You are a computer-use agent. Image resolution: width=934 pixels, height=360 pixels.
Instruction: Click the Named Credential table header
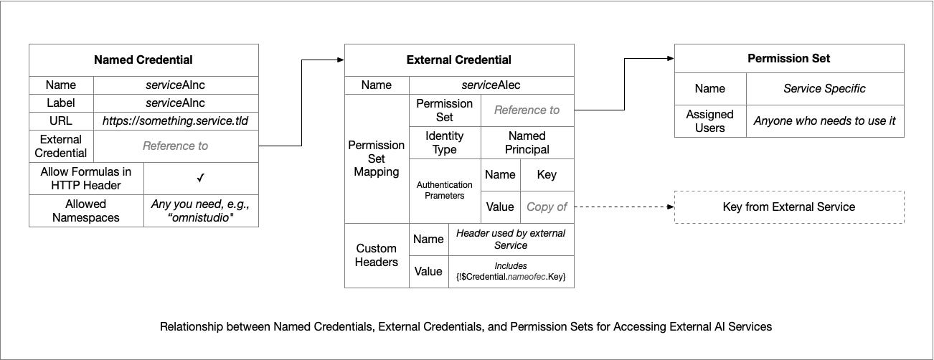tap(143, 60)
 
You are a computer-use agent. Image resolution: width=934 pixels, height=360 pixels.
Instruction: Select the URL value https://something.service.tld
tap(176, 121)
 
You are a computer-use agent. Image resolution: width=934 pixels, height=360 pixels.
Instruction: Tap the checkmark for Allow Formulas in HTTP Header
tap(201, 177)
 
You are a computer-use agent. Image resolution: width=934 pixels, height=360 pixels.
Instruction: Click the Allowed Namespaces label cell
tap(86, 210)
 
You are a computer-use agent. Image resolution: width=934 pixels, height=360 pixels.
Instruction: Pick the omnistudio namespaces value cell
tap(201, 210)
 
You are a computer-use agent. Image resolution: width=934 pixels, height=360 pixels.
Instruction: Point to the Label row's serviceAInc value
tap(176, 103)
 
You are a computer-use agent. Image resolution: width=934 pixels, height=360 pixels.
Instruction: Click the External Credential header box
tap(459, 60)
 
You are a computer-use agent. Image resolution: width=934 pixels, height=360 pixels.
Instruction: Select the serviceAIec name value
tap(491, 85)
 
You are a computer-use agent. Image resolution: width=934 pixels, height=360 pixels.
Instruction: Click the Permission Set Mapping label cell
tap(376, 158)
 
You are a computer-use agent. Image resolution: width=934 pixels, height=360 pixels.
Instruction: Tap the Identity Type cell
tap(444, 143)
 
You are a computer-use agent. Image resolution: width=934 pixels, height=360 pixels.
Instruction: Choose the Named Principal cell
tap(527, 143)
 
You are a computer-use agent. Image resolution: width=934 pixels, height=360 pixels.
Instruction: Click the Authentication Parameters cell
tap(444, 190)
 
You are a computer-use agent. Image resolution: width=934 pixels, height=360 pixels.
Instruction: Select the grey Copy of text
tap(547, 207)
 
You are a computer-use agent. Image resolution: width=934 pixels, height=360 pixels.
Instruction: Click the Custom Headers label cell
tap(376, 255)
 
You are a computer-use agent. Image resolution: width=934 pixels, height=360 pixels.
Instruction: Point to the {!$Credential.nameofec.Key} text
tap(511, 277)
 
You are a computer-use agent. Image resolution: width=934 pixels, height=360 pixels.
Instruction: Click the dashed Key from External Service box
tap(789, 207)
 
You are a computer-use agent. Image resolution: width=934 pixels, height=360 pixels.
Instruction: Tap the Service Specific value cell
tap(824, 89)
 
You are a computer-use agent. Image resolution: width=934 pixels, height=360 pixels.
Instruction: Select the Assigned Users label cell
tap(709, 121)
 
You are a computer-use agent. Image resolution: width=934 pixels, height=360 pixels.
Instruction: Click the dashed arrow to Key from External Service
tap(624, 207)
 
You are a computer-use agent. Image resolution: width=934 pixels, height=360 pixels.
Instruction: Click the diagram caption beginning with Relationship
tap(466, 326)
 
